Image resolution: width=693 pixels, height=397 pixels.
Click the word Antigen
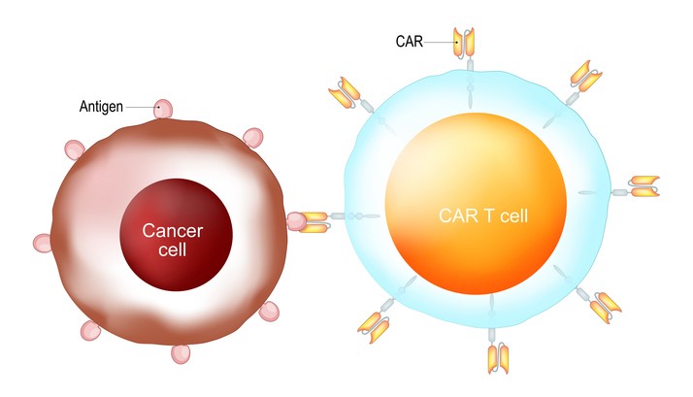(102, 106)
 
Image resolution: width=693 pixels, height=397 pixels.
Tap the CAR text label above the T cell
(436, 42)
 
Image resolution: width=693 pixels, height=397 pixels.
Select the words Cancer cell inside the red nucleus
(176, 239)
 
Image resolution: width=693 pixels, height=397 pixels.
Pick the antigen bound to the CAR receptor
(296, 221)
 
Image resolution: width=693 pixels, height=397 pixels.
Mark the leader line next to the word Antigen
(141, 106)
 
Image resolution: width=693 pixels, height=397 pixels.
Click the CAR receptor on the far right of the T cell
(644, 186)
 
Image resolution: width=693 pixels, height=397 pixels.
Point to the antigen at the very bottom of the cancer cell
(181, 352)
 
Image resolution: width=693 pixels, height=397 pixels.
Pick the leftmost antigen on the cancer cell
(41, 243)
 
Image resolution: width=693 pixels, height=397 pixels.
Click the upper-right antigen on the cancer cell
(252, 137)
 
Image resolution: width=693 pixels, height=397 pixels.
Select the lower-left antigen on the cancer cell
(89, 332)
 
